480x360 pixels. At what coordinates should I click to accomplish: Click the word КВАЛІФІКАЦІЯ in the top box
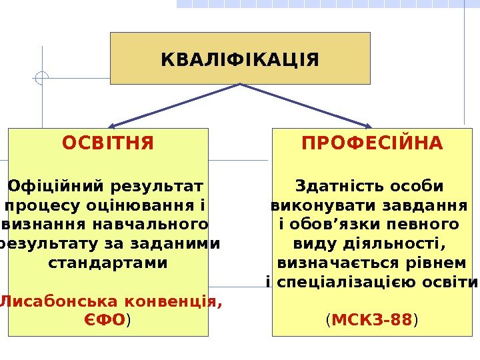coord(240,61)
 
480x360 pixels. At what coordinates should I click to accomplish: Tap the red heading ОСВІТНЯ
coord(108,143)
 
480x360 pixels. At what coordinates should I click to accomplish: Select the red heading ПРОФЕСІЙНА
coord(372,143)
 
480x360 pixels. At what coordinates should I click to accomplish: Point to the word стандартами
coord(108,263)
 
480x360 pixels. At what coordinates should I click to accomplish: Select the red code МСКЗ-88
coord(371,321)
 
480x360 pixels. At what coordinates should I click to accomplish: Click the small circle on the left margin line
coord(42,78)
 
